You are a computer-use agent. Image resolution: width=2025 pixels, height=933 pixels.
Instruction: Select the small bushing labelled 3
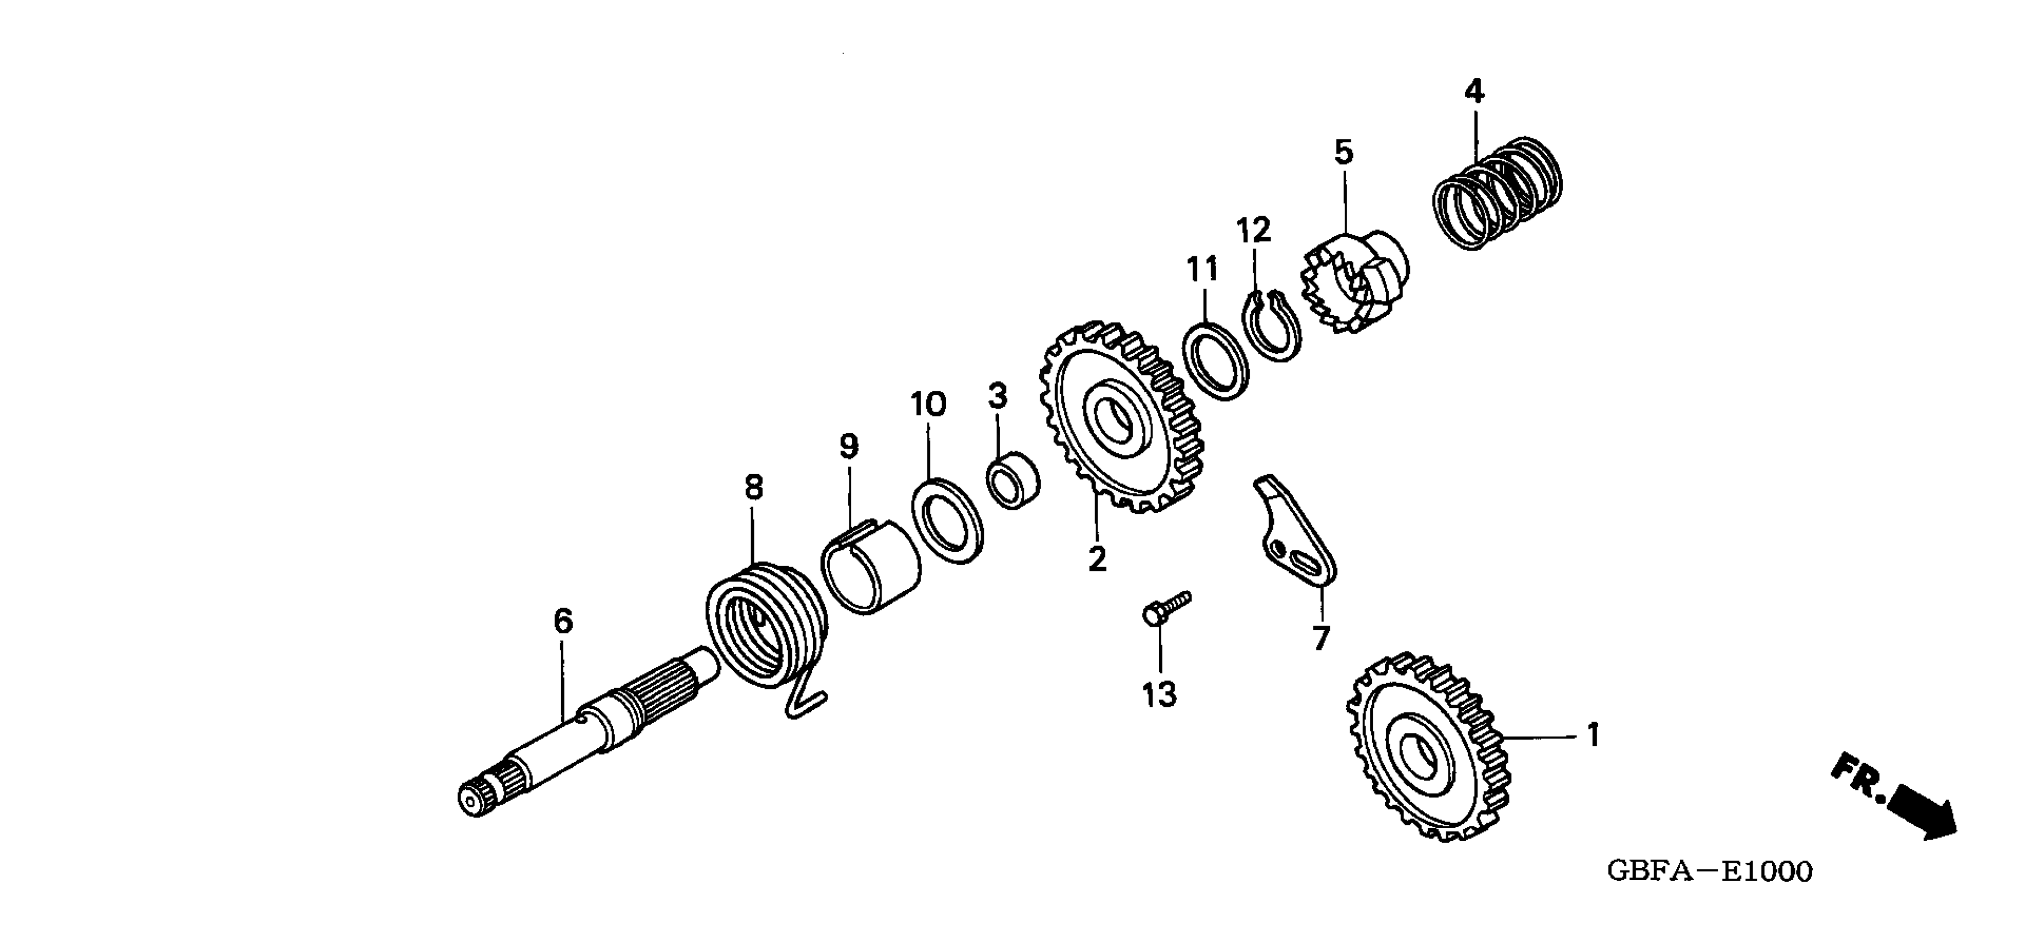[x=1012, y=480]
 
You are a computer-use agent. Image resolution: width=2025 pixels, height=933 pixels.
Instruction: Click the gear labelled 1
[x=1427, y=747]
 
